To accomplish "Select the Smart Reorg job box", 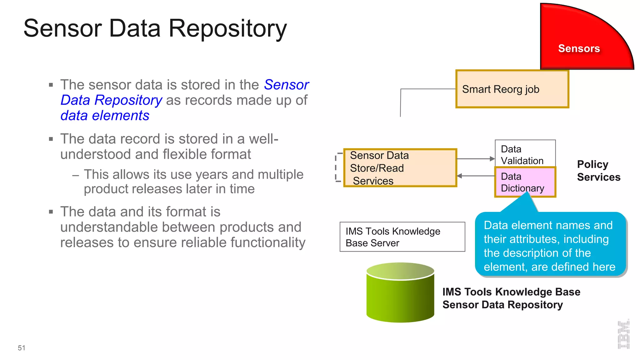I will coord(512,89).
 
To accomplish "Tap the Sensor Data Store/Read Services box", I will coord(400,168).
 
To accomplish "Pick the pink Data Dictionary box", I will coord(525,182).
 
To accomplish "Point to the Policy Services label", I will coord(598,171).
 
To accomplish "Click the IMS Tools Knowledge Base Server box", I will coord(402,237).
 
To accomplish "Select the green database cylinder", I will coord(400,294).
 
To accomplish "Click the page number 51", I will coord(22,348).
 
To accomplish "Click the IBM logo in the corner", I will coord(623,334).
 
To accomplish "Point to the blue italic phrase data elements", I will coord(105,116).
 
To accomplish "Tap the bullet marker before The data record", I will coord(51,139).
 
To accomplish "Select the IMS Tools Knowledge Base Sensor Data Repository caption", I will coord(511,298).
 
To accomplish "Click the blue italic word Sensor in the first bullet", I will coord(286,85).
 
